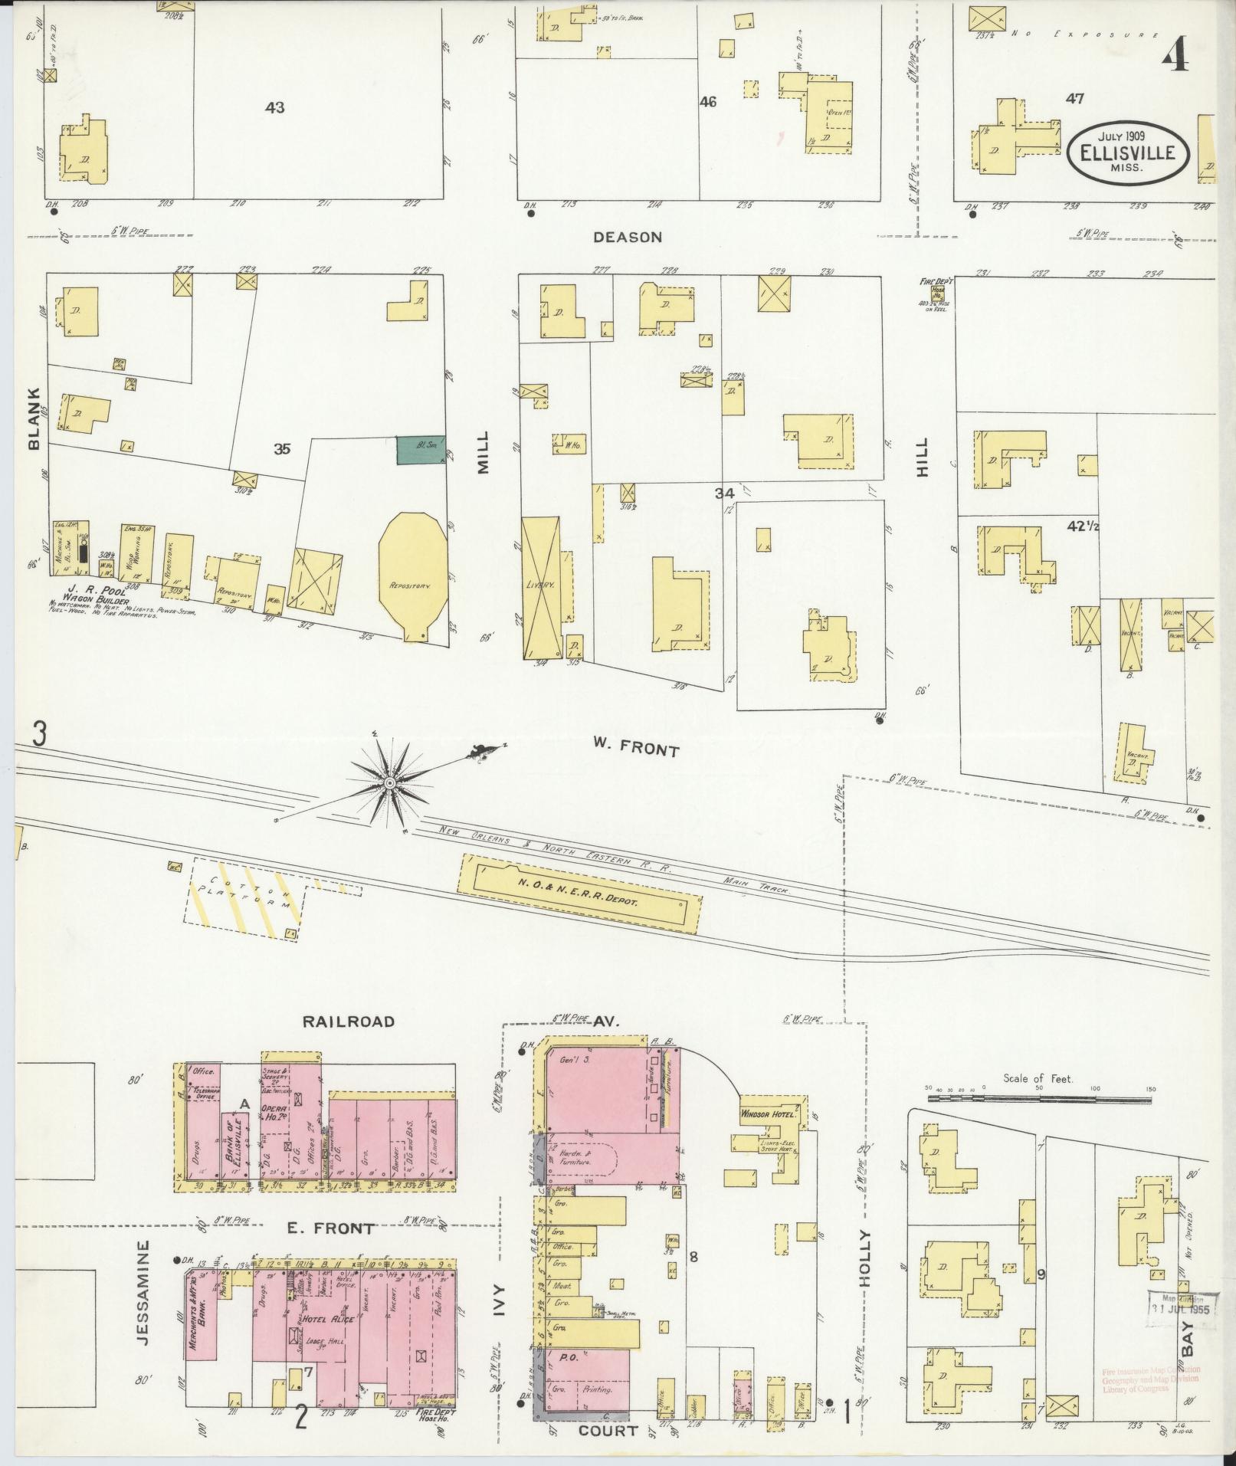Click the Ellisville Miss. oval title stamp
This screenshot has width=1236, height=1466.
tap(1127, 153)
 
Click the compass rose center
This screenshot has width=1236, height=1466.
tap(390, 782)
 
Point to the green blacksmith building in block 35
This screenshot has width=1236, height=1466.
tap(420, 450)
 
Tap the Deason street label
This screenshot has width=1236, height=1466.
tap(627, 238)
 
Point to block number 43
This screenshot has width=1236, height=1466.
tap(274, 108)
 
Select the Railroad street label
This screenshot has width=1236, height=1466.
tap(349, 1021)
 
